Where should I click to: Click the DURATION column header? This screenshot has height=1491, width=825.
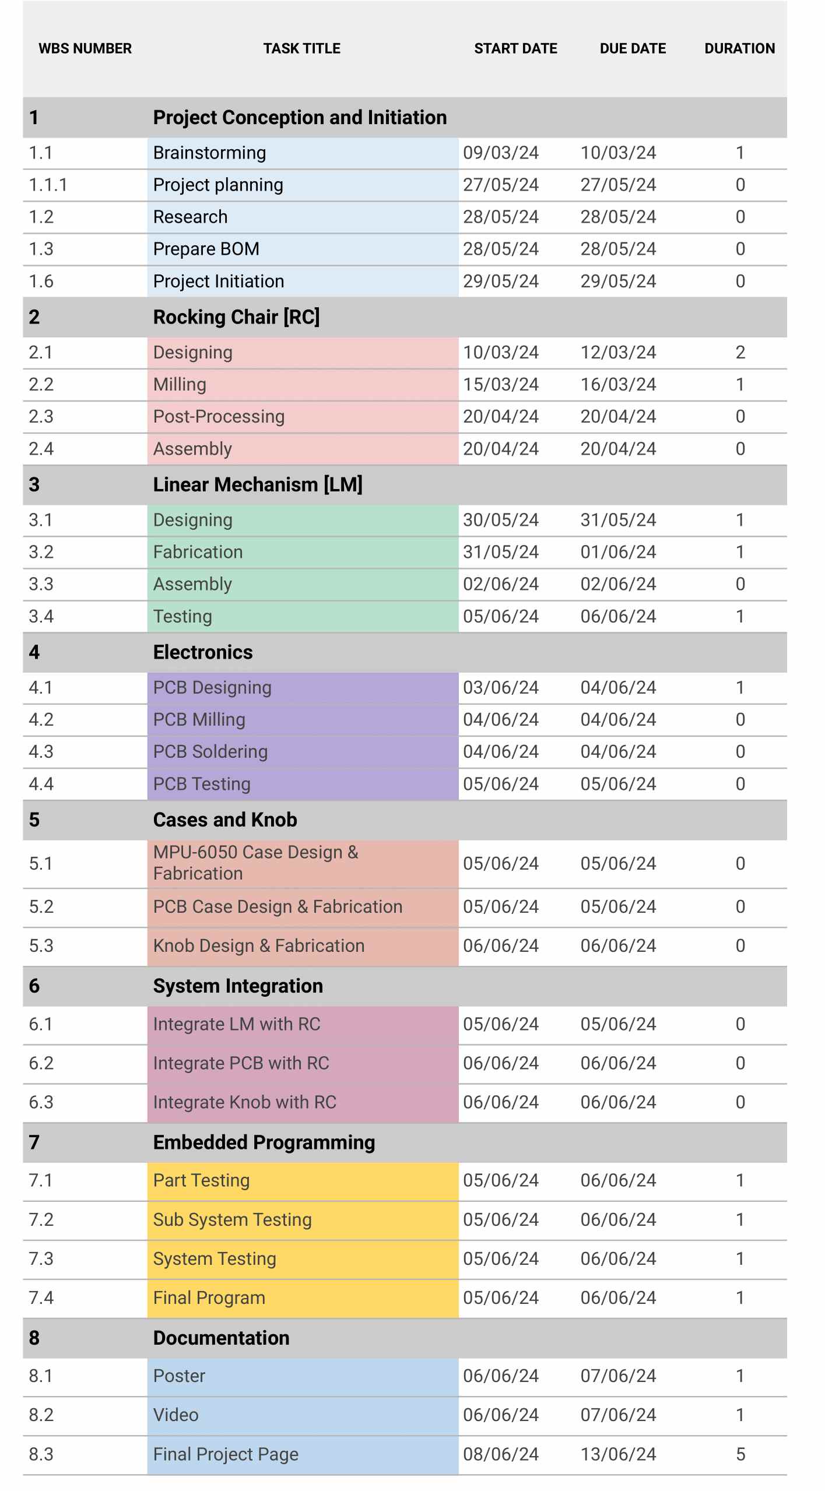[739, 48]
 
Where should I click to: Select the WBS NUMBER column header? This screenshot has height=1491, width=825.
[85, 48]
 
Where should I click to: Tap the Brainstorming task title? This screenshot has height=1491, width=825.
[209, 153]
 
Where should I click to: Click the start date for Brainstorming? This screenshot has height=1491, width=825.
[500, 153]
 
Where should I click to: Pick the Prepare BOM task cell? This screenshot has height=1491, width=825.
[206, 249]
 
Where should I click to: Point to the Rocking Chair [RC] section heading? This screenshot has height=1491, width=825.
[236, 317]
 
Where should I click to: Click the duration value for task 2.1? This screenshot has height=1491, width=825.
[740, 353]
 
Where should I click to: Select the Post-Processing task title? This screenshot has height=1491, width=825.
[219, 417]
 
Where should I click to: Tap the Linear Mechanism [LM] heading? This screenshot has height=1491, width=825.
[258, 484]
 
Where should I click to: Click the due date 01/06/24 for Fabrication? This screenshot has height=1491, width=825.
[618, 552]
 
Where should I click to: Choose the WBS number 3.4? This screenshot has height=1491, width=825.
[41, 616]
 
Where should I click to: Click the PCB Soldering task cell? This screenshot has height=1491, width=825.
[210, 752]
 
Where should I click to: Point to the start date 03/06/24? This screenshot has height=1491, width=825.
[500, 688]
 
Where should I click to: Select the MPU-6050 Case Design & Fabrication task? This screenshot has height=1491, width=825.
[255, 863]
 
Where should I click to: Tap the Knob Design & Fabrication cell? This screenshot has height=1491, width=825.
[258, 945]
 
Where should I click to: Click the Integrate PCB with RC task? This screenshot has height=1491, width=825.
[241, 1063]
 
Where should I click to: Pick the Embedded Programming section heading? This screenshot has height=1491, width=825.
[264, 1142]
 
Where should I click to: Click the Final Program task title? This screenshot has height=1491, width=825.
[209, 1298]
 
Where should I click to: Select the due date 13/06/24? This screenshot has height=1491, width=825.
[618, 1454]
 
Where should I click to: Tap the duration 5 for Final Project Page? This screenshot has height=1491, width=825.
[740, 1454]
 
